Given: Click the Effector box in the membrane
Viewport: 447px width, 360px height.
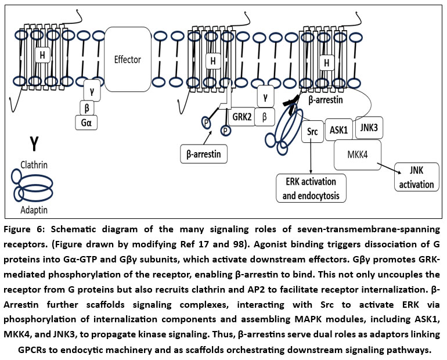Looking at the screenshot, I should pyautogui.click(x=128, y=59).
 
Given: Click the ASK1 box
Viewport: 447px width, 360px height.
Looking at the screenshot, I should pyautogui.click(x=338, y=130).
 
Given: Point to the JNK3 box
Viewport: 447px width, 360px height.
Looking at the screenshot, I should pyautogui.click(x=370, y=127).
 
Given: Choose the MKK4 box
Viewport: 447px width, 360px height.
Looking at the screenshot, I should pyautogui.click(x=358, y=154).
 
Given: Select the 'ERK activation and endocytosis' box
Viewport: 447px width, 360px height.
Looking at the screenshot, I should pyautogui.click(x=311, y=188).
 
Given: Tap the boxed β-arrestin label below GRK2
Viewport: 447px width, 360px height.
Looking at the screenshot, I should pyautogui.click(x=203, y=154).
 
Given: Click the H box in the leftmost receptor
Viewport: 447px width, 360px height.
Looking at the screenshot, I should pyautogui.click(x=42, y=55).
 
